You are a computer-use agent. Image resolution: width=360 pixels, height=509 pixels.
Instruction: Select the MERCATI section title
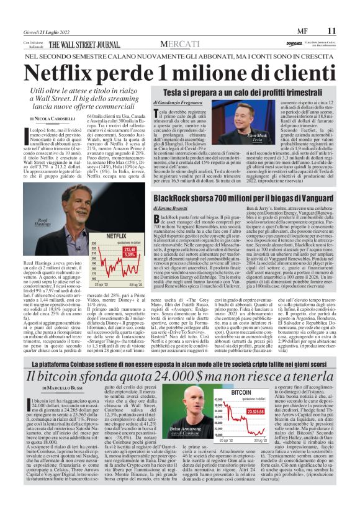[x=180, y=44]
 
